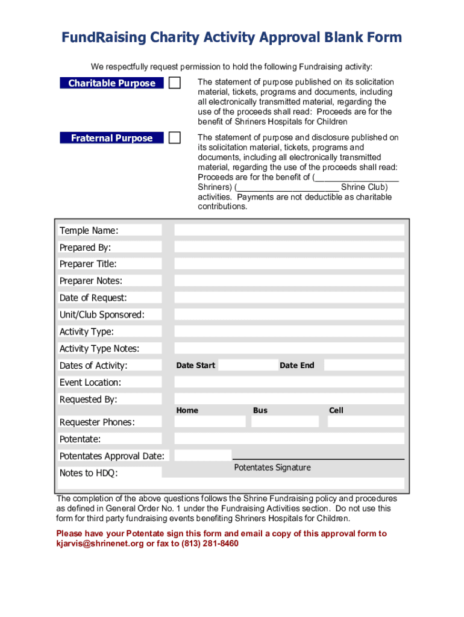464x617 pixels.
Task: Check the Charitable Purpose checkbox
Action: coord(174,83)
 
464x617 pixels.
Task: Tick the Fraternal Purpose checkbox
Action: coord(174,138)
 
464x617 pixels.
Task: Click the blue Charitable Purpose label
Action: coord(111,83)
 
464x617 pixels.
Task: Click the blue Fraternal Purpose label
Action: coord(111,138)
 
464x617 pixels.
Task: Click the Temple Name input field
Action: coord(289,230)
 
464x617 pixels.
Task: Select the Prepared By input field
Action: coord(289,247)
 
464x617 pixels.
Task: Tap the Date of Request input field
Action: coord(289,298)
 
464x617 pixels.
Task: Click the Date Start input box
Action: coord(248,365)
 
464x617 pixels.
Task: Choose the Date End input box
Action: coord(363,365)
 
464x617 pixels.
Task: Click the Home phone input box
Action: coord(210,422)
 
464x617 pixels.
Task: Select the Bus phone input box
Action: coord(285,422)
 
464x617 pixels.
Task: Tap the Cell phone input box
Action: coord(366,422)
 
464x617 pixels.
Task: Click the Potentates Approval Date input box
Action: coord(203,456)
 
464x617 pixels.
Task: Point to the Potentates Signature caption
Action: coord(272,468)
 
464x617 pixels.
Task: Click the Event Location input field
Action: coord(289,382)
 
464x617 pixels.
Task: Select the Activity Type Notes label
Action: coord(99,348)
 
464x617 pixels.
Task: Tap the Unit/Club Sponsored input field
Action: coord(289,315)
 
